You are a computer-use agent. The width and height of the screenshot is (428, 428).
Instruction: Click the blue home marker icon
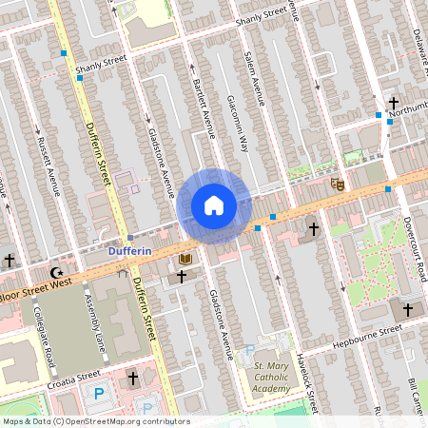tap(214, 205)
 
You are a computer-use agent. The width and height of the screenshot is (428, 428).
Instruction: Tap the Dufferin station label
tap(129, 251)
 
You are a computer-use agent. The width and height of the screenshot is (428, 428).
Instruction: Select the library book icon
tap(185, 259)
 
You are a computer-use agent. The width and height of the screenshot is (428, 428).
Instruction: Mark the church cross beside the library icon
tap(180, 277)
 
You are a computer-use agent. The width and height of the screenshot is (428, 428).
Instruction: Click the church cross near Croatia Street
tap(133, 379)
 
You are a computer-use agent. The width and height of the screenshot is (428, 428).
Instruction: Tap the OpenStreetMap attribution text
tap(94, 421)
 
